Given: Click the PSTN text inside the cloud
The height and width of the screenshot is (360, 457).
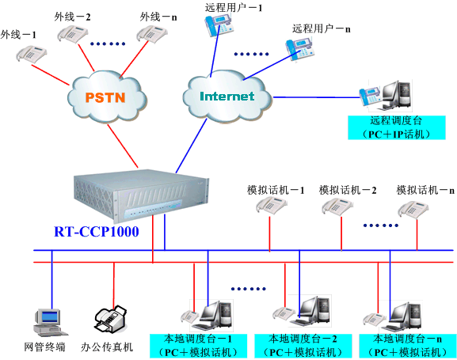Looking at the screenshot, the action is point(105,97).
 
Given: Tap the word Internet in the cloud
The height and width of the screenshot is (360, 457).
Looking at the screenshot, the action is point(227,96).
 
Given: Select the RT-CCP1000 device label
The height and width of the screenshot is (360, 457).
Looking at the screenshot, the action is point(97,232).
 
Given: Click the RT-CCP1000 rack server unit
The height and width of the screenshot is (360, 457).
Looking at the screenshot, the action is point(141,195).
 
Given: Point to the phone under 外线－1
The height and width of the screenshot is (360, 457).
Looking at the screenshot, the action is point(31,54).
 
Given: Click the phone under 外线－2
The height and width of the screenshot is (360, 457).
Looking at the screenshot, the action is point(72,34).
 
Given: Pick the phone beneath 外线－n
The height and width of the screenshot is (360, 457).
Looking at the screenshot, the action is point(152,34).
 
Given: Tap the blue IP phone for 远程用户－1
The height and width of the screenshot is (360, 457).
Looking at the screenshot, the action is point(219,25).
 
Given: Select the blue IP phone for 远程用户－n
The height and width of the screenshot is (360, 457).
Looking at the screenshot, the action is point(300,50).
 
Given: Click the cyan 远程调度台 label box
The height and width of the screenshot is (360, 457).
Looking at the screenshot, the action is point(397,127).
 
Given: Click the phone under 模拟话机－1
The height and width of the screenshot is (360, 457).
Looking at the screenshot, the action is point(272,206).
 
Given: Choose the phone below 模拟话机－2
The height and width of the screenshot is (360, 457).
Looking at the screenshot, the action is point(337,207).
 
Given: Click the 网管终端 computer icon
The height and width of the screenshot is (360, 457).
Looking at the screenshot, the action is point(49,323).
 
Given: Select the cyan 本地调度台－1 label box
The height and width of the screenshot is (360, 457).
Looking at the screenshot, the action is point(198,346).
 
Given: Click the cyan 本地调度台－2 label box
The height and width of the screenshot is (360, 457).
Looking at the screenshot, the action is point(303,346).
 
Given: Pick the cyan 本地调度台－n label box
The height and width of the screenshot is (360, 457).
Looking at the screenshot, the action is point(408,346).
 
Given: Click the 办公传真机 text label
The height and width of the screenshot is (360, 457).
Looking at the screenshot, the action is point(107,347).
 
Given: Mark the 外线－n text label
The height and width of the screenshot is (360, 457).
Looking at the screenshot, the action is point(158,17).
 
